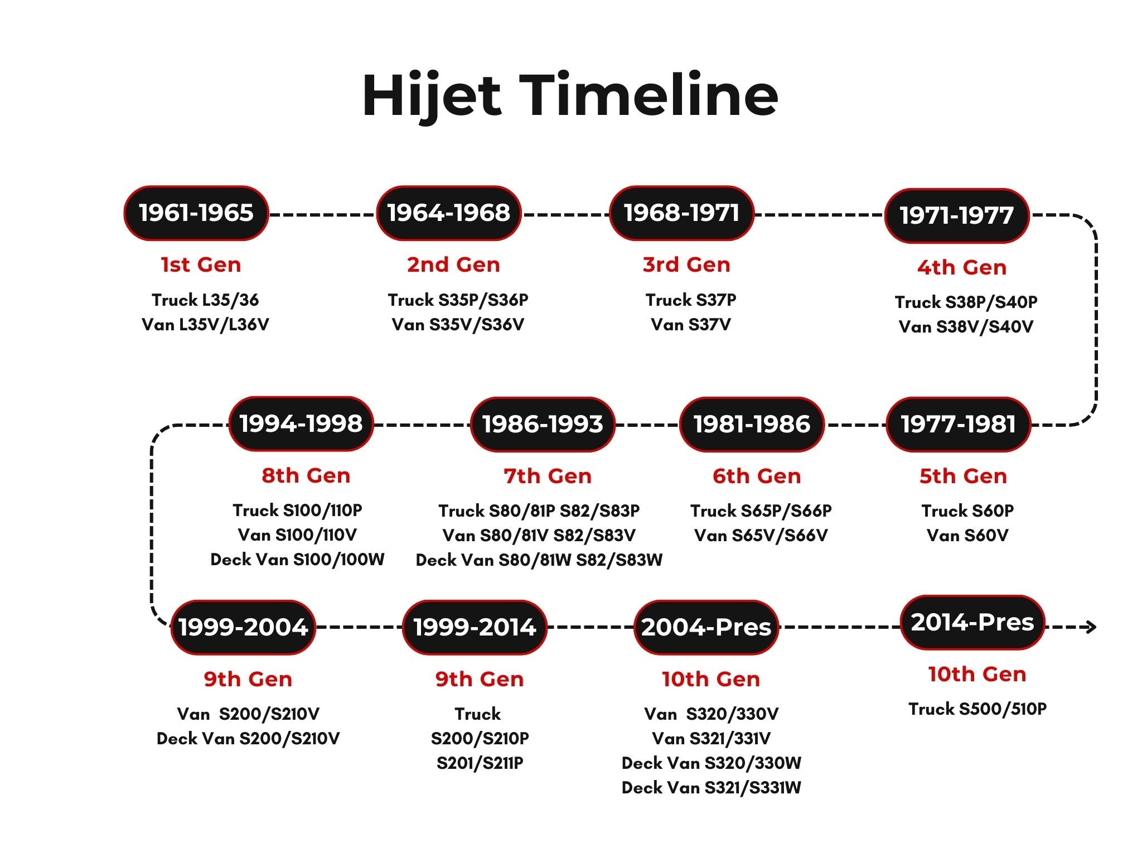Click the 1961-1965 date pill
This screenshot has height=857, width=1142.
(x=196, y=213)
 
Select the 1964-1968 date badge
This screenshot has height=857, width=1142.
(x=449, y=213)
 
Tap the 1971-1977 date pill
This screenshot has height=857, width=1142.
(x=957, y=216)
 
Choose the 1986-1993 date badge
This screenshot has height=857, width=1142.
(x=543, y=424)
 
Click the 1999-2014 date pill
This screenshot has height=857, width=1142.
(x=475, y=627)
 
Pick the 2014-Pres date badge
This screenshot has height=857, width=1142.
(x=972, y=622)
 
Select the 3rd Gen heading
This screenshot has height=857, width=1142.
(x=686, y=264)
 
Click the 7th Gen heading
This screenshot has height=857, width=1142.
(x=548, y=476)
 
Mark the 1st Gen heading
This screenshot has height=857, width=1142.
(x=201, y=264)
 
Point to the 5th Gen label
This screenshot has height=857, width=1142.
(x=964, y=476)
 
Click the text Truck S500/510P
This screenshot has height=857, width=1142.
(x=978, y=709)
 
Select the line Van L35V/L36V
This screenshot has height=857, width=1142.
(x=205, y=324)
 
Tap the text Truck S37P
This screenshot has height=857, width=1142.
(x=691, y=300)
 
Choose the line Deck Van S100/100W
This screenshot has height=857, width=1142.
(x=297, y=559)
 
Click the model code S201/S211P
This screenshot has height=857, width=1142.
(x=480, y=763)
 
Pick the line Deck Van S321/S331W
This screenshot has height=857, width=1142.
(x=712, y=787)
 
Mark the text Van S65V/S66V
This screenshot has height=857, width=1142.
(x=761, y=535)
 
